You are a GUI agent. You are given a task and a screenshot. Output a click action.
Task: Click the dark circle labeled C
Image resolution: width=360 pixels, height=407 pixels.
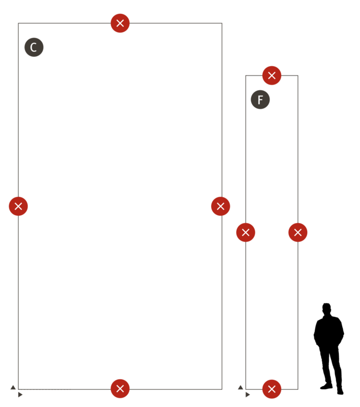[34, 47]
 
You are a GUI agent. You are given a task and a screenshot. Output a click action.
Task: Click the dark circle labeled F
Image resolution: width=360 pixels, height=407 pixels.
[261, 100]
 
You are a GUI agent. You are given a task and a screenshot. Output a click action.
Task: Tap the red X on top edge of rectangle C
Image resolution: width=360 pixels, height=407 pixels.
[120, 23]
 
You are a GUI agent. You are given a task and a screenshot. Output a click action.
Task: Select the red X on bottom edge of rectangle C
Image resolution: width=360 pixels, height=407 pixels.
[120, 389]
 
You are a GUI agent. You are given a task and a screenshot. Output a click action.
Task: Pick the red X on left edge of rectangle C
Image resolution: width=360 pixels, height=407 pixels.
[18, 206]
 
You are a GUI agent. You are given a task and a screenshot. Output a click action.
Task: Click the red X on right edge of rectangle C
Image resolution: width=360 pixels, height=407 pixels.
[221, 206]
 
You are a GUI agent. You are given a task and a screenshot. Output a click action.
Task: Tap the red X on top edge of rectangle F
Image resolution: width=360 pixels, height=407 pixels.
[272, 76]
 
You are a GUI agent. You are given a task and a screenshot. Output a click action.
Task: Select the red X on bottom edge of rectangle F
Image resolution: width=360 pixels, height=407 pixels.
[272, 389]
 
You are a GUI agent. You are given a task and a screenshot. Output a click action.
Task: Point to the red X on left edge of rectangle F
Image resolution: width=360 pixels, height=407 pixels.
[246, 232]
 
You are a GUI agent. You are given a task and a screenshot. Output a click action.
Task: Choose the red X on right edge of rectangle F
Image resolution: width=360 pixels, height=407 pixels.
[298, 232]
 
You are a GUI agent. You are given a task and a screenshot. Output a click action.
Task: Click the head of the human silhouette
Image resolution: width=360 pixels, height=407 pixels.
[327, 309]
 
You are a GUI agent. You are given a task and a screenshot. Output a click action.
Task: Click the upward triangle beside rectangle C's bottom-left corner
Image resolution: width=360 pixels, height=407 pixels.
[13, 388]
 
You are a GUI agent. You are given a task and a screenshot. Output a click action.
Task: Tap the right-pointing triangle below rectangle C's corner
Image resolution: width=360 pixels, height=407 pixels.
[21, 395]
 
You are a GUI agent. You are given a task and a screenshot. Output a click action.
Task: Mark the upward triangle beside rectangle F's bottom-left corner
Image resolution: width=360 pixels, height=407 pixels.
[241, 388]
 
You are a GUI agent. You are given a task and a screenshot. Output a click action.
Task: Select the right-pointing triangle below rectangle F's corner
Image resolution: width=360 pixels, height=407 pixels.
[248, 395]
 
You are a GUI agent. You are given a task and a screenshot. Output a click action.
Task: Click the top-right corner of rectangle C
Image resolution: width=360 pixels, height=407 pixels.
[222, 23]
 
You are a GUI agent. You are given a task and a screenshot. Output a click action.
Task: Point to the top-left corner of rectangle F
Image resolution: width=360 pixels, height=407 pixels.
[246, 76]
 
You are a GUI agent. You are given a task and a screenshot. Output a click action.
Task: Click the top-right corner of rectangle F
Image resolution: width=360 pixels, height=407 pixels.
[298, 76]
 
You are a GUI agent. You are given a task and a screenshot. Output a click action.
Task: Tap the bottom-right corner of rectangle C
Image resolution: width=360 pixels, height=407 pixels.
[222, 389]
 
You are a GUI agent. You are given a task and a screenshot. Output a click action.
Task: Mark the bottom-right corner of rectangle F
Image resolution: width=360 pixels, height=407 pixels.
[298, 389]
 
